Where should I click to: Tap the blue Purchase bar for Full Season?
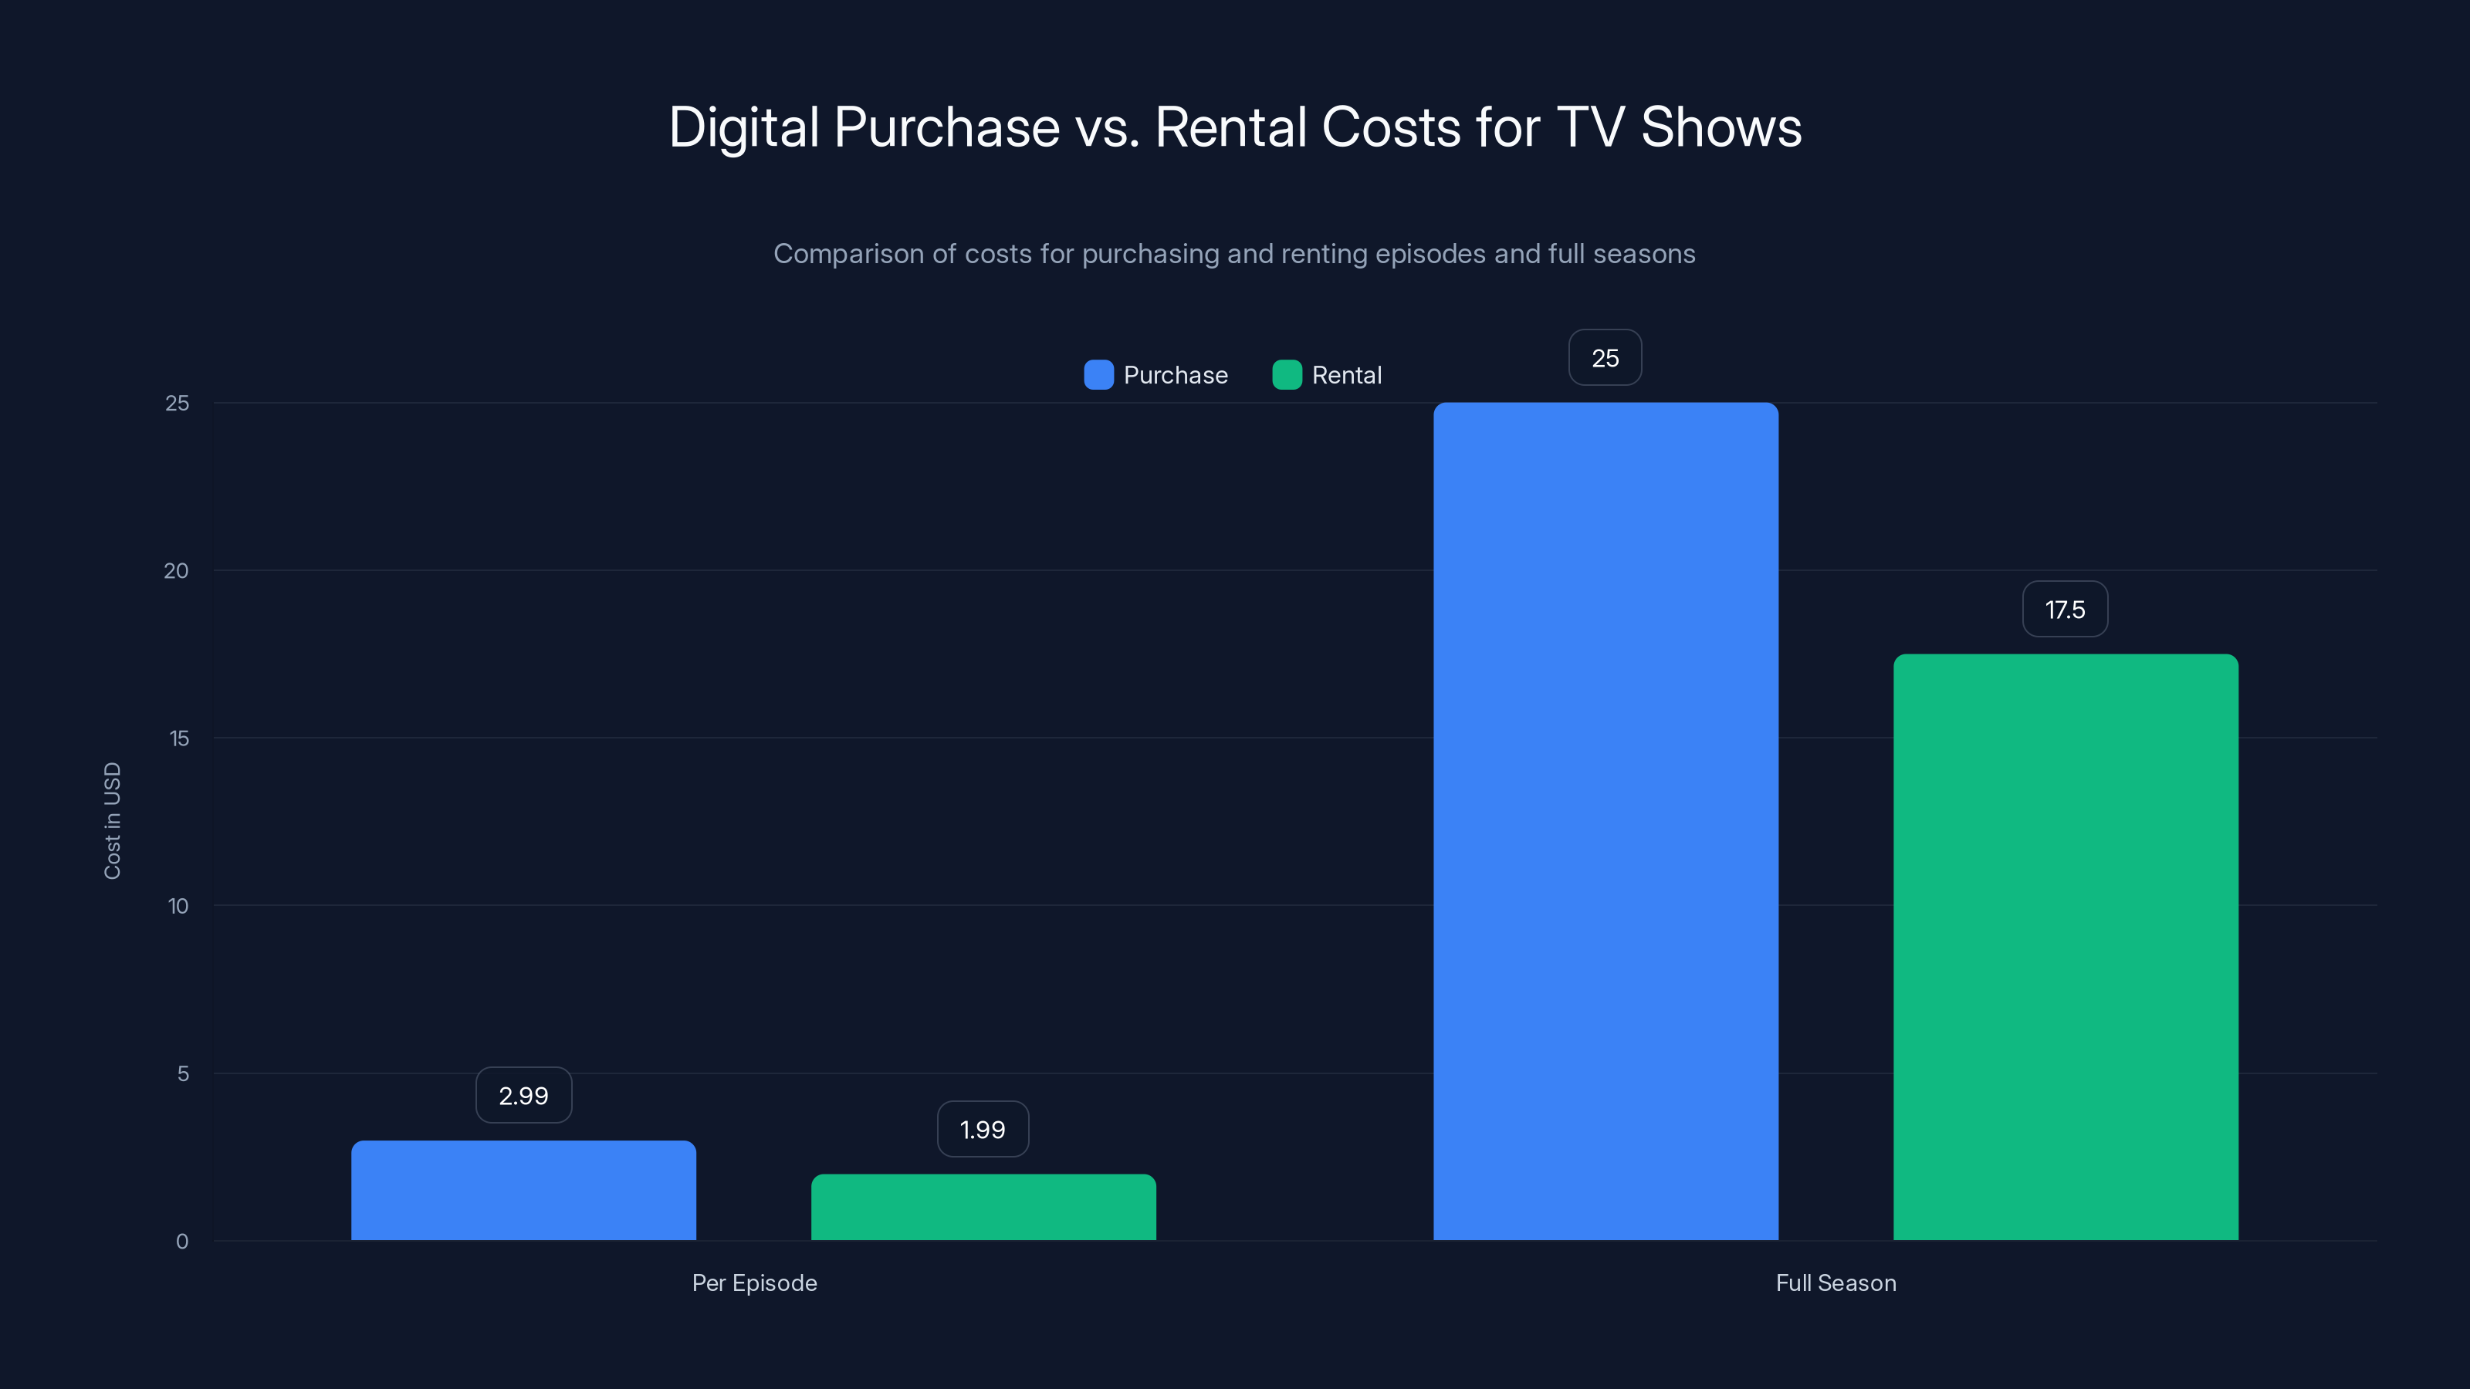(x=1605, y=822)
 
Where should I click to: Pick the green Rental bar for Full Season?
(x=2066, y=947)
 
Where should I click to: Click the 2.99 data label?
(x=523, y=1096)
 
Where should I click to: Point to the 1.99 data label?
(x=983, y=1129)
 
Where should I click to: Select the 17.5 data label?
(x=2065, y=610)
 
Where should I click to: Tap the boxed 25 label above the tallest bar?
(x=1605, y=359)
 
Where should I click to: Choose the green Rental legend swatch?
(x=1287, y=375)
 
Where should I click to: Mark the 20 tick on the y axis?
(x=177, y=571)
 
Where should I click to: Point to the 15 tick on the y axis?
(x=178, y=738)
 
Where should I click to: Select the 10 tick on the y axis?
(x=178, y=906)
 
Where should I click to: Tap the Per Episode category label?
(x=755, y=1283)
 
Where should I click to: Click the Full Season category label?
(x=1836, y=1283)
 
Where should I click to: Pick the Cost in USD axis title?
(x=112, y=820)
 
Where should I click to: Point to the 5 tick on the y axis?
(x=183, y=1073)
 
